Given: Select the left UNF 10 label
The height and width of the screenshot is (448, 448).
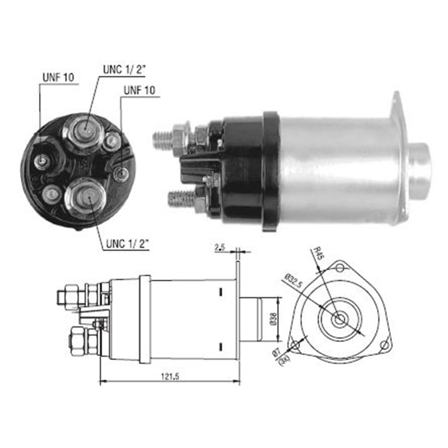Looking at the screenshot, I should pos(58,77).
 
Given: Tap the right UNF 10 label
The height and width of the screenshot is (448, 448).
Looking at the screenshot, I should pos(139,90).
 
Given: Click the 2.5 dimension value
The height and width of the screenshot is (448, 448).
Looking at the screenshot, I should pos(220,247).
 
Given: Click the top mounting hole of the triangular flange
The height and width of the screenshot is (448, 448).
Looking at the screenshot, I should pos(340,268).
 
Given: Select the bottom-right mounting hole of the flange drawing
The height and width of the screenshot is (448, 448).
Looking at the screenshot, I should pos(384,345).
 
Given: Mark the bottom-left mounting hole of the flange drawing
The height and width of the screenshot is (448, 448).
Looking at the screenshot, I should pos(295,345).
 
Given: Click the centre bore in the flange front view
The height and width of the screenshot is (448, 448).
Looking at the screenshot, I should pos(340,319).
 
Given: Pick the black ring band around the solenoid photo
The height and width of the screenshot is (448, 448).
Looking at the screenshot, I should pos(271,170).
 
